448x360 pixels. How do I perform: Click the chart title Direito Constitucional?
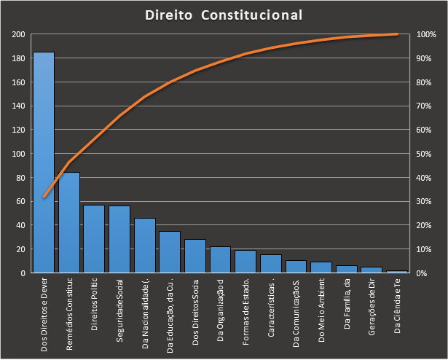[x=224, y=15]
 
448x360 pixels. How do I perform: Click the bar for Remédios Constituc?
[x=69, y=222]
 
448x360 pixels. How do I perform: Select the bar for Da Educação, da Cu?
[x=170, y=252]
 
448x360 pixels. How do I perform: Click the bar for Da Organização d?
[x=220, y=259]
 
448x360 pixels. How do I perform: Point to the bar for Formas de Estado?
[x=245, y=262]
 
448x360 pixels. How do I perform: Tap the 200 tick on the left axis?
[x=19, y=35]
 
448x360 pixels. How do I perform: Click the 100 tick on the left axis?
[x=19, y=154]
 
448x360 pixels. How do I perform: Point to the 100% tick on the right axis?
[x=426, y=35]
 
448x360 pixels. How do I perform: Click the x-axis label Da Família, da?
[x=347, y=309]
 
